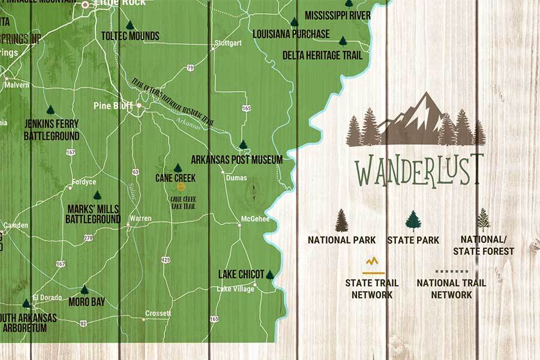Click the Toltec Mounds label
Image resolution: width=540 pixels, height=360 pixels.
tap(130, 36)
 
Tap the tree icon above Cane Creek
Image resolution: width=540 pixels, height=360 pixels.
tap(178, 168)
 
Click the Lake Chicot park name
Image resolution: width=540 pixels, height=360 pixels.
tap(241, 274)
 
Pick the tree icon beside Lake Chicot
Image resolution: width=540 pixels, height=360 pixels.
tap(270, 274)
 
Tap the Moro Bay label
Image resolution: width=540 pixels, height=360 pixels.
tap(87, 302)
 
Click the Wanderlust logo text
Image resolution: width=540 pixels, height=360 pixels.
tap(418, 170)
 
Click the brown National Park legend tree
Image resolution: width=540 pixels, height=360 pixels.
tap(341, 220)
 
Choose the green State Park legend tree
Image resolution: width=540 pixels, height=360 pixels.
tap(413, 221)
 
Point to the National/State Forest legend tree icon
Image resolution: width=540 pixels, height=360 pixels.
tap(483, 220)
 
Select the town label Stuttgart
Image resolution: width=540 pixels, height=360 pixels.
tap(228, 43)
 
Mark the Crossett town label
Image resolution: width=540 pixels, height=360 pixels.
tap(159, 313)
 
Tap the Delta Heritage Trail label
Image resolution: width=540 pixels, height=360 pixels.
tap(322, 55)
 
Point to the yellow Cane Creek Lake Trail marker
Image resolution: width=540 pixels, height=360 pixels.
tap(174, 187)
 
